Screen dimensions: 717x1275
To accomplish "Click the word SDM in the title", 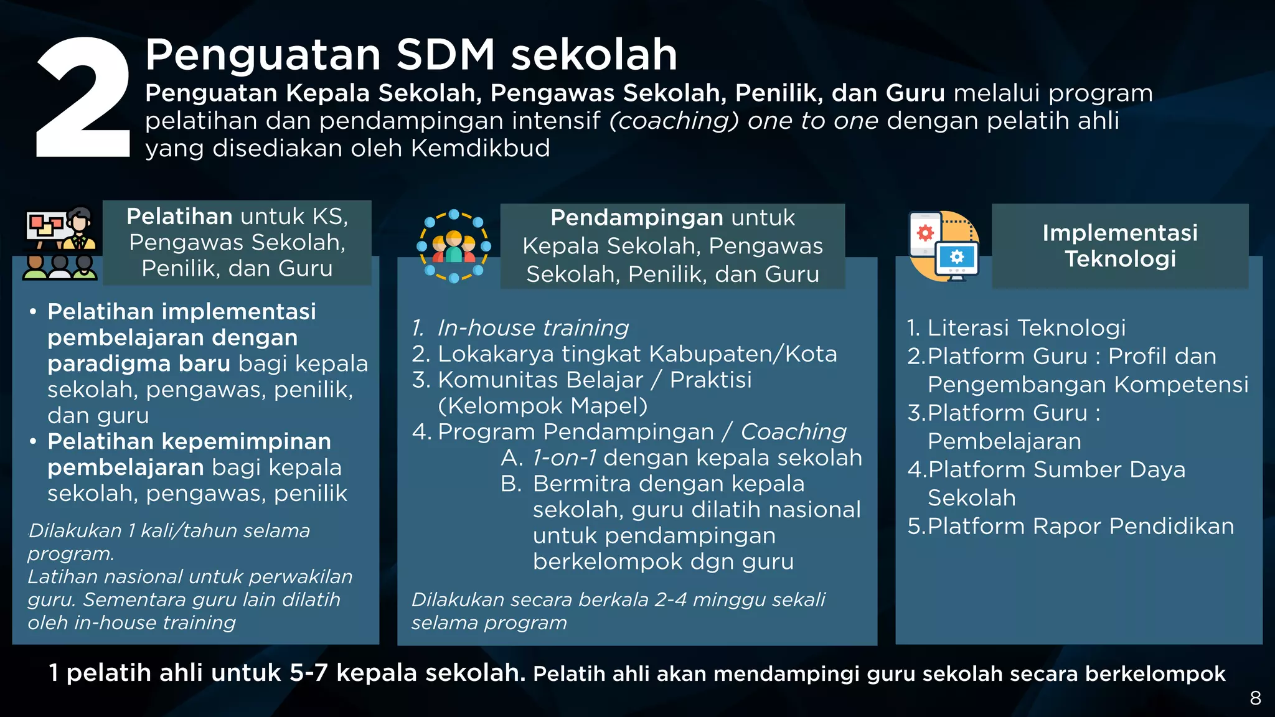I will pyautogui.click(x=445, y=55).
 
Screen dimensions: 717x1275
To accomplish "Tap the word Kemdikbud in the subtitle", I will pyautogui.click(x=480, y=149).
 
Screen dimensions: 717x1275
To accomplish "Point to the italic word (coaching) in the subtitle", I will pyautogui.click(x=674, y=121).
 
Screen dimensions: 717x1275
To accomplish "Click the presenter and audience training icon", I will pyautogui.click(x=60, y=243).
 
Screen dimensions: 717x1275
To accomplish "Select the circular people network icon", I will pyautogui.click(x=454, y=246).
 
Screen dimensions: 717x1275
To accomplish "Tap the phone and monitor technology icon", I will pyautogui.click(x=944, y=246).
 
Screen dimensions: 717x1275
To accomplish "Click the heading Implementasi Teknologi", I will pyautogui.click(x=1120, y=245).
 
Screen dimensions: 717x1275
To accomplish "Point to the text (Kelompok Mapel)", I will pyautogui.click(x=543, y=406).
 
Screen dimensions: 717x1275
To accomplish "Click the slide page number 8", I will pyautogui.click(x=1255, y=698).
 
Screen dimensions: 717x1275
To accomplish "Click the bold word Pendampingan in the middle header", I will pyautogui.click(x=637, y=218).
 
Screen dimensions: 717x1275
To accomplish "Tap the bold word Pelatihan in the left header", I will pyautogui.click(x=179, y=217).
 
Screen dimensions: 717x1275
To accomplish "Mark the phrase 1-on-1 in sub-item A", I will pyautogui.click(x=564, y=458).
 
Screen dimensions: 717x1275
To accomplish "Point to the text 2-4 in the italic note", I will pyautogui.click(x=670, y=600).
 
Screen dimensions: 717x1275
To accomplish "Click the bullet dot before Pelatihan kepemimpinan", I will pyautogui.click(x=33, y=441).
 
